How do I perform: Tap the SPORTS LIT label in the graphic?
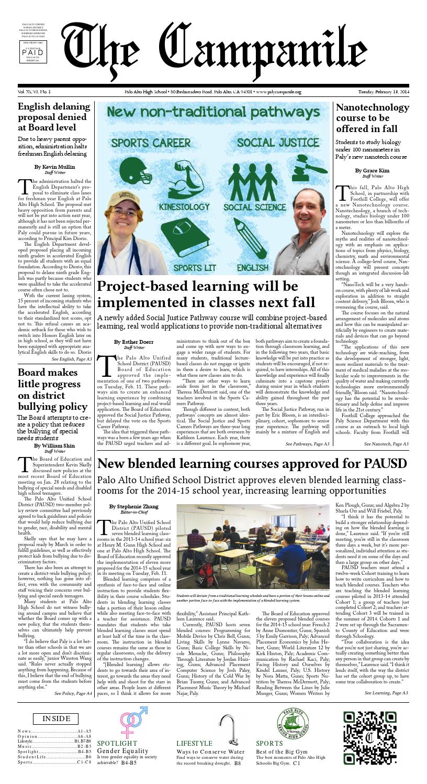(x=191, y=268)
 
